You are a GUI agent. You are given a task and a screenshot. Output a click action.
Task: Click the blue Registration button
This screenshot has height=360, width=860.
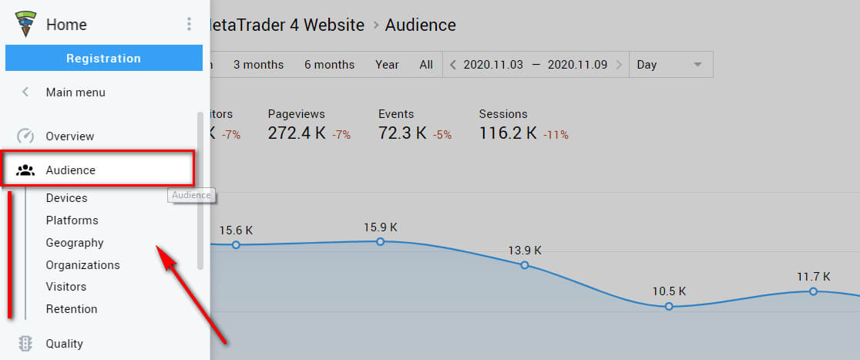click(103, 59)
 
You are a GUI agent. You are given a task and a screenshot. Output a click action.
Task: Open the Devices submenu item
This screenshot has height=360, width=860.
click(66, 198)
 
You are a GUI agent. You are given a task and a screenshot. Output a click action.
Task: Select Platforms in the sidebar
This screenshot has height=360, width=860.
click(72, 220)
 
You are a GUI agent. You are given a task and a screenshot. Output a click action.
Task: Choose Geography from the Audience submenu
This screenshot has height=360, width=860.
click(74, 243)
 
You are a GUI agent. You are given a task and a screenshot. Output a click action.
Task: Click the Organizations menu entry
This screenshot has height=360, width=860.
click(82, 265)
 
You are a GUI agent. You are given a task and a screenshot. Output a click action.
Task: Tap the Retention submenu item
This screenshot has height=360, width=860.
click(72, 309)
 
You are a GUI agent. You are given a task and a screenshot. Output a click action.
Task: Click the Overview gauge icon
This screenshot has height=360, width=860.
click(25, 136)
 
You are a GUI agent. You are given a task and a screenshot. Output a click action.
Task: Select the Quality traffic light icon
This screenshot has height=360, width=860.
click(25, 344)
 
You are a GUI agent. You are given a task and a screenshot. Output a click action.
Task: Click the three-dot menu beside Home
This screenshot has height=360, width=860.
click(189, 25)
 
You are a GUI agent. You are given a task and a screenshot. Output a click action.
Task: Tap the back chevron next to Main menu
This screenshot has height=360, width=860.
click(25, 93)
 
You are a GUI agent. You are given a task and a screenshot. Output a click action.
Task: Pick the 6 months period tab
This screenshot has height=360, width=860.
click(329, 65)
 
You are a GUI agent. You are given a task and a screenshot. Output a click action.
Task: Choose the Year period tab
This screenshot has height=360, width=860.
click(387, 65)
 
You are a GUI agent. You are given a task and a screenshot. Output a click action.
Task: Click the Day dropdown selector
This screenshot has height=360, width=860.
click(670, 65)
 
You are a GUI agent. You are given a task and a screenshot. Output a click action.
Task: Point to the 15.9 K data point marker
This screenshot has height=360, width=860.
click(380, 241)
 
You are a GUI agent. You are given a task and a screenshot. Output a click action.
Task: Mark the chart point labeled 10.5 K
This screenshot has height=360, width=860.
click(669, 306)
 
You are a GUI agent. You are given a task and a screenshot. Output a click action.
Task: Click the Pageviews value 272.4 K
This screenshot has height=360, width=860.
click(297, 133)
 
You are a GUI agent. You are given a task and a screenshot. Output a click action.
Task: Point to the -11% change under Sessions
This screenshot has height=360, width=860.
click(556, 135)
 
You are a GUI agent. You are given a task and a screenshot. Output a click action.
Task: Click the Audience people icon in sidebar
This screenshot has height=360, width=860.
click(25, 170)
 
